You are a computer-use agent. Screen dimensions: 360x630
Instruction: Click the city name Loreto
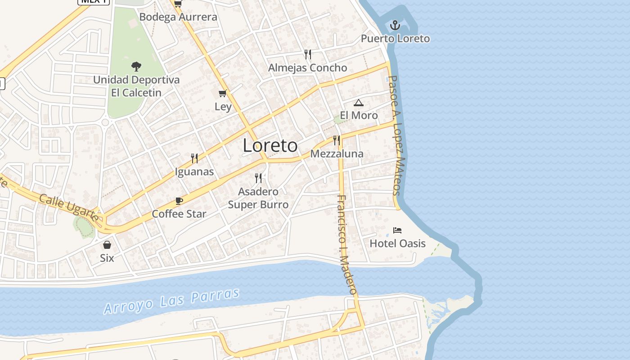click(x=270, y=146)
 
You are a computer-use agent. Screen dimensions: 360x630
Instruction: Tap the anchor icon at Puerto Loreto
click(x=395, y=25)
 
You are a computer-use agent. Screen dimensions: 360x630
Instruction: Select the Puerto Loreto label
click(x=395, y=39)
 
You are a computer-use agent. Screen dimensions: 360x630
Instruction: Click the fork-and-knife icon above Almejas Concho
click(x=308, y=54)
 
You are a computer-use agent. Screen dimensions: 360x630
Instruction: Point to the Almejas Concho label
click(x=308, y=68)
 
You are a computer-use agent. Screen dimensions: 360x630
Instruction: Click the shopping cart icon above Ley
click(x=223, y=94)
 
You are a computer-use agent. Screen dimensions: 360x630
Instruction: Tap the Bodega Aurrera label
click(x=178, y=17)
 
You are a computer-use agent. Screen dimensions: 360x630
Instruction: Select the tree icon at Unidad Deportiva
click(x=136, y=67)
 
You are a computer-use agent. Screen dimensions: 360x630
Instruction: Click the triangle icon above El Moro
click(x=358, y=103)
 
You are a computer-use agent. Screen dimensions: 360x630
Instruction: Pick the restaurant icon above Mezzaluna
click(x=337, y=140)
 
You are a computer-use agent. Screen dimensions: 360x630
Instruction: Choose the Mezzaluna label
click(x=337, y=154)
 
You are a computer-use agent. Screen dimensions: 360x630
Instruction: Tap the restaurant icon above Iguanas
click(x=194, y=158)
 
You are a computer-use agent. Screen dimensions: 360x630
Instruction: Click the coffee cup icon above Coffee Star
click(x=179, y=201)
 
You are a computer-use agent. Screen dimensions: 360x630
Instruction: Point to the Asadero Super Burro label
click(x=258, y=198)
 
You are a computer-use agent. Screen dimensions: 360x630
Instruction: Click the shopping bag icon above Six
click(x=107, y=245)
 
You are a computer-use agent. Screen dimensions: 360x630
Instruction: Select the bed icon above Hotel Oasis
click(x=397, y=230)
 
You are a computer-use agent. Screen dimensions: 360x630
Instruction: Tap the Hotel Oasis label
click(x=397, y=243)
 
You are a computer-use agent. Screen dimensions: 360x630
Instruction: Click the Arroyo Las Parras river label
click(x=172, y=301)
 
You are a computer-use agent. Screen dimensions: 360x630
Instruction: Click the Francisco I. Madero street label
click(x=347, y=244)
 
